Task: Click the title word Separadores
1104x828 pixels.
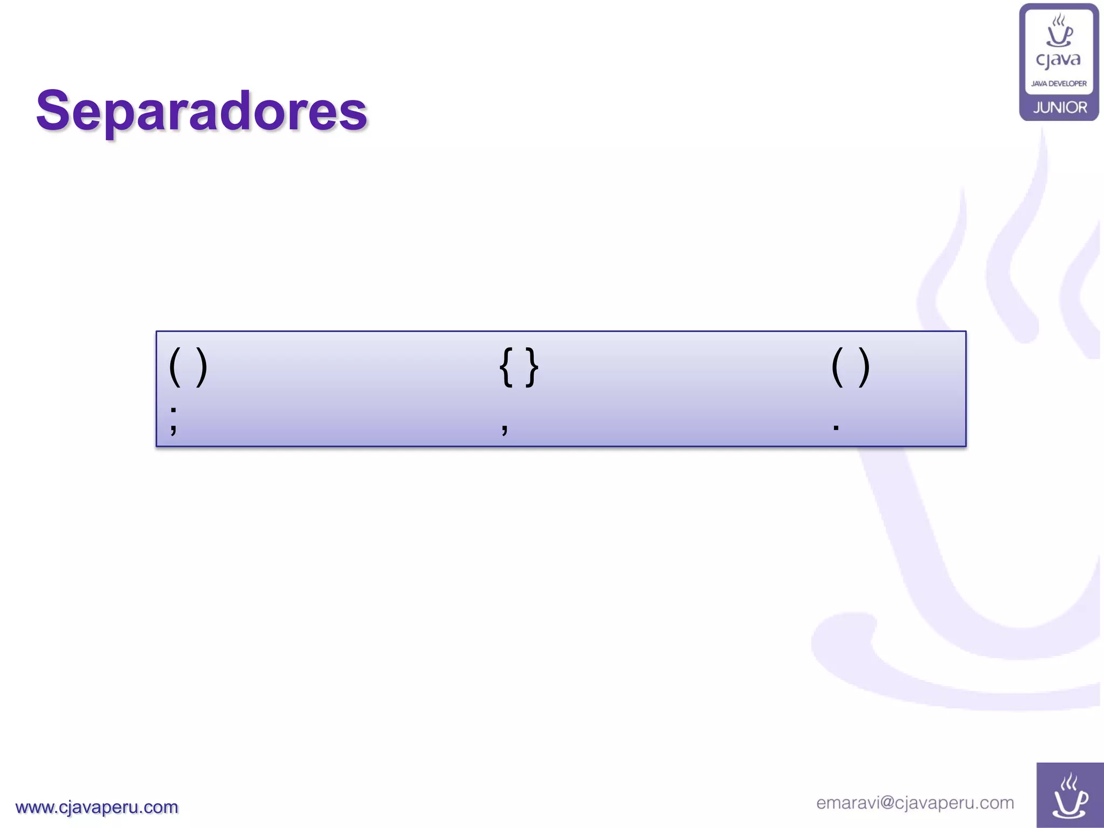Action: tap(202, 111)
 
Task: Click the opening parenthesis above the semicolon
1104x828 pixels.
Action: tap(175, 367)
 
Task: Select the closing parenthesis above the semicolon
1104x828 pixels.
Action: tap(202, 367)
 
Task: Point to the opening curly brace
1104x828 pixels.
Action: tap(506, 367)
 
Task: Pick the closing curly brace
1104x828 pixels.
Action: tap(532, 367)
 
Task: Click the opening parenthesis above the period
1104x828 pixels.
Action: tap(837, 367)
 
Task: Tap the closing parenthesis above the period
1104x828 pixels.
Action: tap(864, 367)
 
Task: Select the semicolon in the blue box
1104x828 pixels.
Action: tap(174, 420)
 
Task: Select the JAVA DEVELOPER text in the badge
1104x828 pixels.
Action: tap(1059, 84)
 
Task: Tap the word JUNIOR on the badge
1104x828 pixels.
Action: tap(1060, 107)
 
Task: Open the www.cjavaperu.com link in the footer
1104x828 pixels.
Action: tap(97, 807)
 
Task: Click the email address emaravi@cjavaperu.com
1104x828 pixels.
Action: tap(915, 803)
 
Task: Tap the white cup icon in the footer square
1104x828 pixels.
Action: tap(1070, 796)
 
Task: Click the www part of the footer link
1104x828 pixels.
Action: tap(34, 808)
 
